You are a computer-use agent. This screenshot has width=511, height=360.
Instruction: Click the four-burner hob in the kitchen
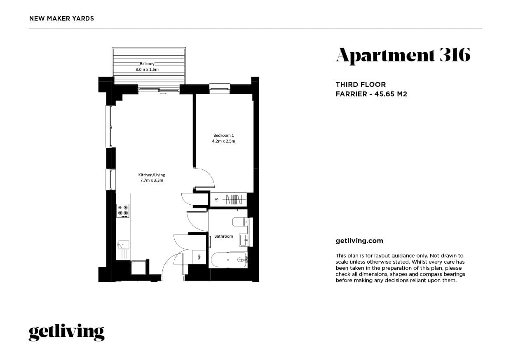(123, 211)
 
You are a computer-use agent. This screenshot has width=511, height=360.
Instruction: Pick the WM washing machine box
(199, 257)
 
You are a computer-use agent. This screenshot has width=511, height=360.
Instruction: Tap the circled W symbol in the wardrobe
(217, 200)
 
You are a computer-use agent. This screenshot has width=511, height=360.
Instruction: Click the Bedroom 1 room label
(224, 135)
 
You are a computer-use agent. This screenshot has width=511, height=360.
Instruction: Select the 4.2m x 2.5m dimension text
(224, 141)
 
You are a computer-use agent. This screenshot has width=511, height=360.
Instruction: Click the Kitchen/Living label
(152, 175)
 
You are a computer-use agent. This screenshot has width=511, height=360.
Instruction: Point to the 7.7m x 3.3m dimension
(152, 180)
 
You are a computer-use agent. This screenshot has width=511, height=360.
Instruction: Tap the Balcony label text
(147, 63)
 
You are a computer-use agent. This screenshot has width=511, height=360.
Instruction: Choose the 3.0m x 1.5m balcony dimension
(147, 70)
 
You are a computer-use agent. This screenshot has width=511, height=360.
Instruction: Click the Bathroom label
(224, 236)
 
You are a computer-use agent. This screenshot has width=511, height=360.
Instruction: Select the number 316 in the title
(455, 55)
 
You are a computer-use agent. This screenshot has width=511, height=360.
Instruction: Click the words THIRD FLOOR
(361, 85)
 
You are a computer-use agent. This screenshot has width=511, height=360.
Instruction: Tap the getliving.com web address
(359, 241)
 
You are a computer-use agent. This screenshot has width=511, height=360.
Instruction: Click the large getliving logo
(66, 332)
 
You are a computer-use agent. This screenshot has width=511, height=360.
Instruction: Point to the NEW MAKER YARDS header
(62, 19)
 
